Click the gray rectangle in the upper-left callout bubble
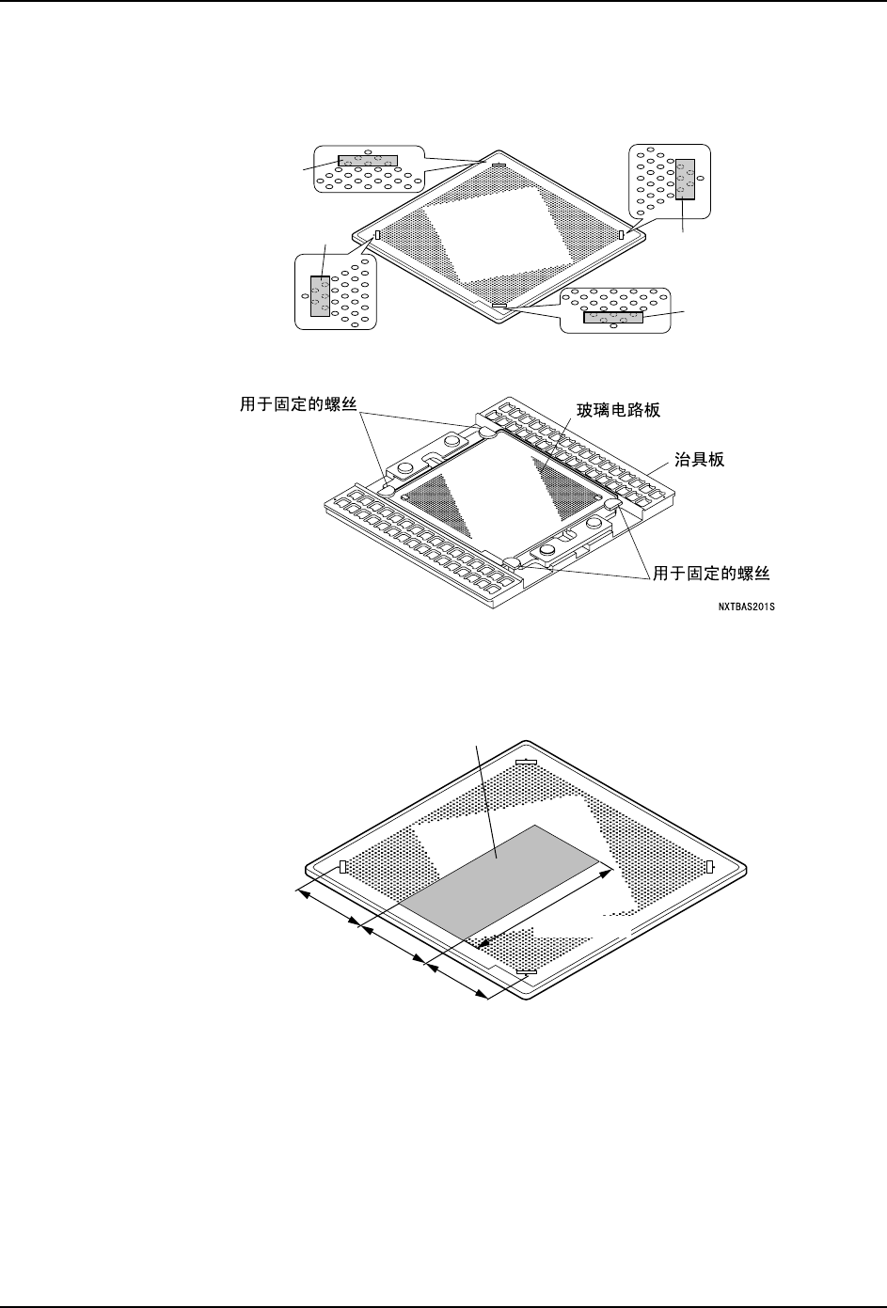point(368,161)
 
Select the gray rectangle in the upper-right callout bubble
point(686,179)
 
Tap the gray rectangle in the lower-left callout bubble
point(320,296)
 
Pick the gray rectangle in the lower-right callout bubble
point(613,317)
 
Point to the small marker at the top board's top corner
point(499,166)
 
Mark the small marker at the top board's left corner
point(376,235)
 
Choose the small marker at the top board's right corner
point(621,233)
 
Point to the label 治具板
point(701,461)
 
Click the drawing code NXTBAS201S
point(746,607)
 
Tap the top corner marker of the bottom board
point(526,762)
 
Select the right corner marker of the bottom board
point(710,865)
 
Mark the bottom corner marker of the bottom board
point(526,971)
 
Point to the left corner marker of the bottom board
point(343,866)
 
